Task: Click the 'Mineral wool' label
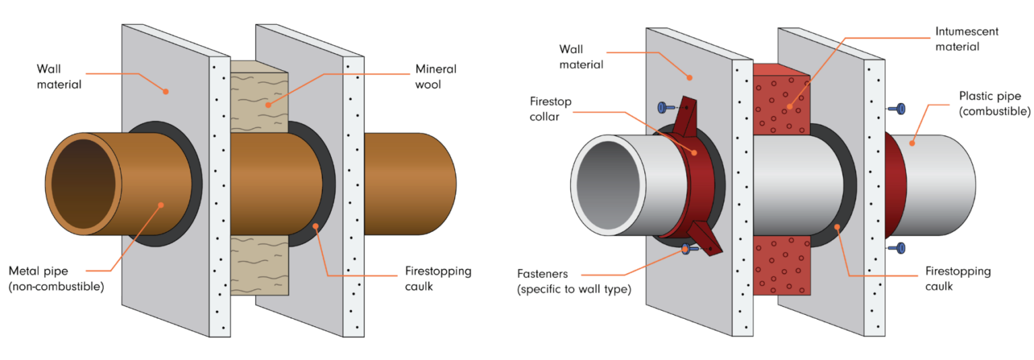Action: (436, 77)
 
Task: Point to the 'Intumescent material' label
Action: (957, 39)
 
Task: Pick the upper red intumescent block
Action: (781, 101)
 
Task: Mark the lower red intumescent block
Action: (781, 266)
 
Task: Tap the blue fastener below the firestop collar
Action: (688, 250)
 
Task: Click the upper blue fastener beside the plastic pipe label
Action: (899, 108)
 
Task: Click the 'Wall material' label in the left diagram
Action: (59, 77)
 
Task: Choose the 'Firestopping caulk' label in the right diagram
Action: (957, 279)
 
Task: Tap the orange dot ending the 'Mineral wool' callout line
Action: (267, 105)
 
